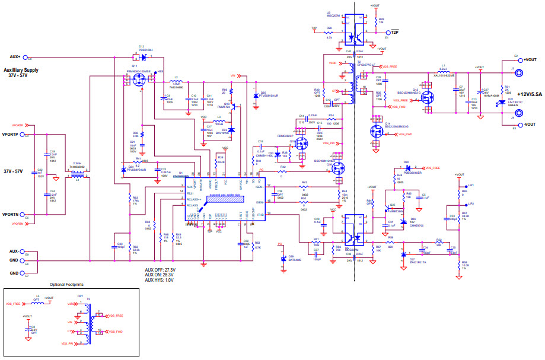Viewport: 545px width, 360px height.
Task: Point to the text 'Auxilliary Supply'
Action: (21, 70)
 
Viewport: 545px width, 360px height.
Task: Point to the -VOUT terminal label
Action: (530, 124)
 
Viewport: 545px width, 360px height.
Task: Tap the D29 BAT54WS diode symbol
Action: (283, 259)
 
